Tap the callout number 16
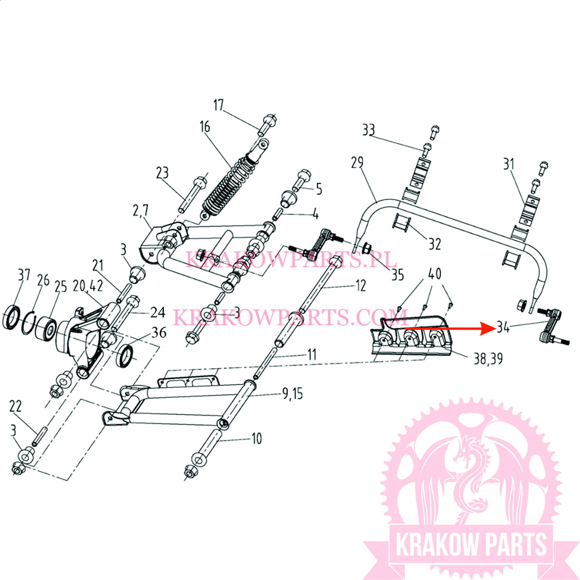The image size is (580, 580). tap(204, 127)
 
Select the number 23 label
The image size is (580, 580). tap(162, 173)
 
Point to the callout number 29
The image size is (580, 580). tap(357, 162)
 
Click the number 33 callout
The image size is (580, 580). tap(368, 130)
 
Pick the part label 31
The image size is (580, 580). tap(508, 164)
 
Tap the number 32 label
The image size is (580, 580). tap(435, 244)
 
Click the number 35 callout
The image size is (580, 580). tap(397, 275)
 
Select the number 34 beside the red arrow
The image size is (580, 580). tap(503, 327)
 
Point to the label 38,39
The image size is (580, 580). tap(488, 359)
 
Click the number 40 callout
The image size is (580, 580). tap(435, 274)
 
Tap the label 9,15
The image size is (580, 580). tap(292, 393)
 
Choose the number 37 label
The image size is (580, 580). tap(24, 275)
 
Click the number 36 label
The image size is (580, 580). tap(159, 333)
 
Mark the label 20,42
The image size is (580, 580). tap(88, 286)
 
